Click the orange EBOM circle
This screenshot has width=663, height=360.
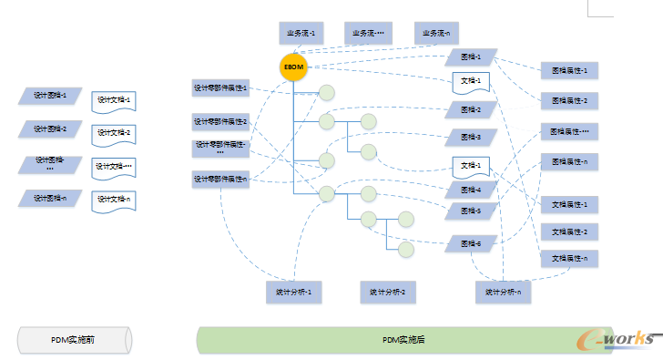[293, 68]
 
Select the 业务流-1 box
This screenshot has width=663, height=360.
[300, 34]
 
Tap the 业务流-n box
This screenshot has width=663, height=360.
[436, 34]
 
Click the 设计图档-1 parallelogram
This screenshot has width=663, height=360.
[51, 95]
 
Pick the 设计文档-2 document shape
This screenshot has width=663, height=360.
[114, 133]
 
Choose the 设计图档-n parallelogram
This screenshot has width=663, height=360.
[51, 198]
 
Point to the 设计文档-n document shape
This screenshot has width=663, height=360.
[114, 201]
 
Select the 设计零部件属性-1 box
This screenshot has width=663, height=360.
[220, 89]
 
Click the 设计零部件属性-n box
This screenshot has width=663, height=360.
[220, 180]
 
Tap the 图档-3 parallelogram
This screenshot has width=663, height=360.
[471, 138]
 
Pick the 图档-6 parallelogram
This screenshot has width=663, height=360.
[471, 243]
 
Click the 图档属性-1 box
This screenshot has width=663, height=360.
[569, 70]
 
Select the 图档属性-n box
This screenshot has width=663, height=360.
[569, 161]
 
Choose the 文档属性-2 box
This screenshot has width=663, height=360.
[569, 231]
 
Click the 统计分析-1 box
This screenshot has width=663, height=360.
[294, 293]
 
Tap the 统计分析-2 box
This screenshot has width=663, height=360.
[388, 293]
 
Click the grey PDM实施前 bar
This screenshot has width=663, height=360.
[74, 339]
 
